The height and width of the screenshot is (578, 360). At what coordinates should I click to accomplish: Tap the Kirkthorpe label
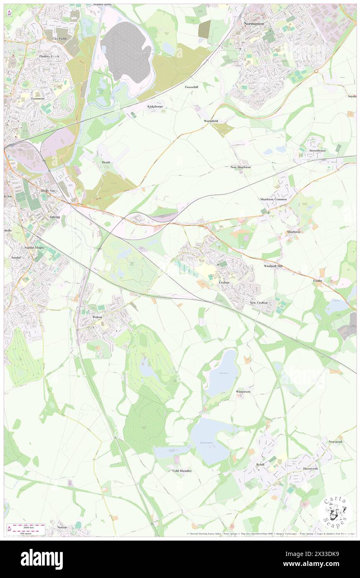click(155, 107)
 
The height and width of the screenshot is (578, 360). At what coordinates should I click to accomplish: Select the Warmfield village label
click(211, 121)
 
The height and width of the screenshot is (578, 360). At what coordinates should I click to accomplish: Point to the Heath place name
click(106, 162)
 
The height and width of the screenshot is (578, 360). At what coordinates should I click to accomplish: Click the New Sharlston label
click(241, 167)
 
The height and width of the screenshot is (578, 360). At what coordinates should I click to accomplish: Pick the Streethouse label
click(317, 150)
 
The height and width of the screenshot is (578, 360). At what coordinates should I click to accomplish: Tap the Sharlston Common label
click(274, 199)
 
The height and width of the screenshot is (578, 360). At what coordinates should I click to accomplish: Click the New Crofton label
click(259, 302)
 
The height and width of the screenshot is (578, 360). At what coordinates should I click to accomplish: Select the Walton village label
click(97, 317)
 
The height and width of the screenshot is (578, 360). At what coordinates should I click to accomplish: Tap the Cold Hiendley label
click(182, 471)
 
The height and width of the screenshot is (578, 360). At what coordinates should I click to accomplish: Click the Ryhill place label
click(260, 464)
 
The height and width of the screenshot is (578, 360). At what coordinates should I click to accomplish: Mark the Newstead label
click(335, 442)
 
